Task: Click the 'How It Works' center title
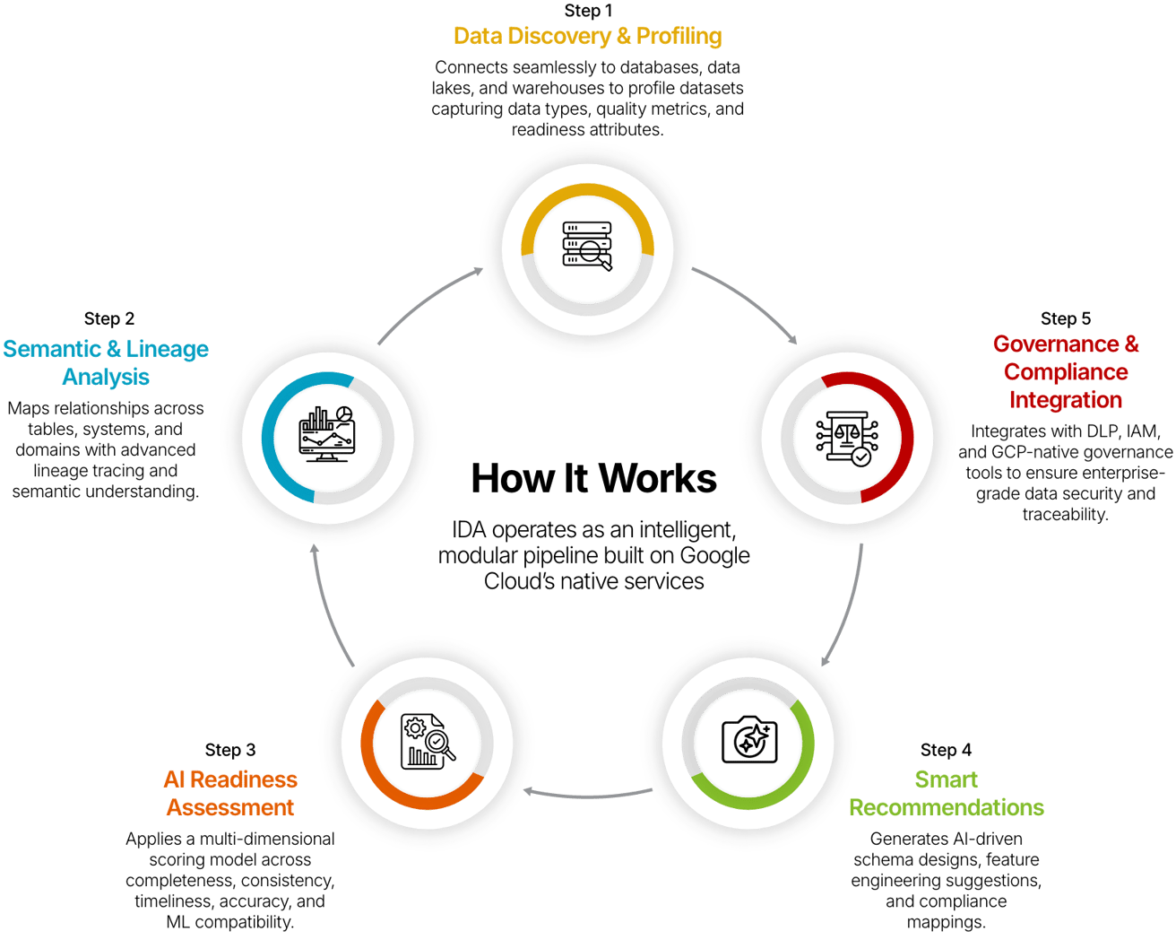point(593,478)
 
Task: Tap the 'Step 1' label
point(588,11)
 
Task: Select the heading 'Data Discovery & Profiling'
point(588,37)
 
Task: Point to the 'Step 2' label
point(109,318)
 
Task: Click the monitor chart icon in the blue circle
point(326,434)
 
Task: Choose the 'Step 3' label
point(230,750)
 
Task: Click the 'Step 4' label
point(946,750)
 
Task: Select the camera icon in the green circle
point(749,740)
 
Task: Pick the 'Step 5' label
point(1066,318)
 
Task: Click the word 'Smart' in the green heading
point(946,779)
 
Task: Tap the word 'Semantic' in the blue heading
point(53,349)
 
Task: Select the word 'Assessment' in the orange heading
point(230,807)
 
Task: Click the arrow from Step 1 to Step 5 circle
point(753,300)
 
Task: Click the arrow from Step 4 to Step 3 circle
point(587,795)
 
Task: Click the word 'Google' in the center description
point(714,555)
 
